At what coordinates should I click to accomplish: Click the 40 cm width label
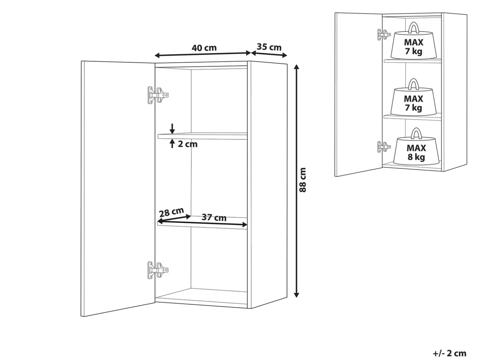[x=204, y=48]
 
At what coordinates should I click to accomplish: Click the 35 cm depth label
[x=269, y=47]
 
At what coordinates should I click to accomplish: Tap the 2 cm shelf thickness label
[x=187, y=144]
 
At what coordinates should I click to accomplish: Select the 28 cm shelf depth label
[x=171, y=212]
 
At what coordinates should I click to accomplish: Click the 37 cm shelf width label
[x=214, y=217]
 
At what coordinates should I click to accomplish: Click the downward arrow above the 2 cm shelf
[x=172, y=129]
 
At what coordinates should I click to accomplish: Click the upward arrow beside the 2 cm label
[x=172, y=144]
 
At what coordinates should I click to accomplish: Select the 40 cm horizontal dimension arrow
[x=202, y=54]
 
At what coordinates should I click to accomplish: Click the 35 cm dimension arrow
[x=269, y=54]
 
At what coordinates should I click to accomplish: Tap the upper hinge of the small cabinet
[x=384, y=35]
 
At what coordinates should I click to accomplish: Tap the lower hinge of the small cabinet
[x=384, y=147]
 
